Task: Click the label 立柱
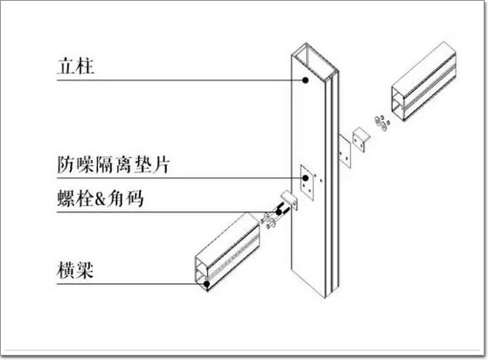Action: pos(75,66)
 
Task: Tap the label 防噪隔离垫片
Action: pos(114,164)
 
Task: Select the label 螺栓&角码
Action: pos(101,198)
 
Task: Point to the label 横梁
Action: pos(75,270)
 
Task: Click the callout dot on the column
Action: pos(305,80)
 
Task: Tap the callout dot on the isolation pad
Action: pos(305,178)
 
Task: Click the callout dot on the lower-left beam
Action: pos(206,283)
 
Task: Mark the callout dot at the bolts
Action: pos(278,212)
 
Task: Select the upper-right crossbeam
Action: pos(424,81)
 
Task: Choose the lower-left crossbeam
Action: pos(227,252)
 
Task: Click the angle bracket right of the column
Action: pos(360,139)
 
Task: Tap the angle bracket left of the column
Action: pos(290,200)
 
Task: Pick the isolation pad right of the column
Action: pos(345,151)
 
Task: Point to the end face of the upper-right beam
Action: pos(398,102)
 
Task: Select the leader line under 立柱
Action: pos(180,80)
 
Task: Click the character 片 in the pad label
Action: pos(161,164)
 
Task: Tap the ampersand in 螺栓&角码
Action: pos(100,199)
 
